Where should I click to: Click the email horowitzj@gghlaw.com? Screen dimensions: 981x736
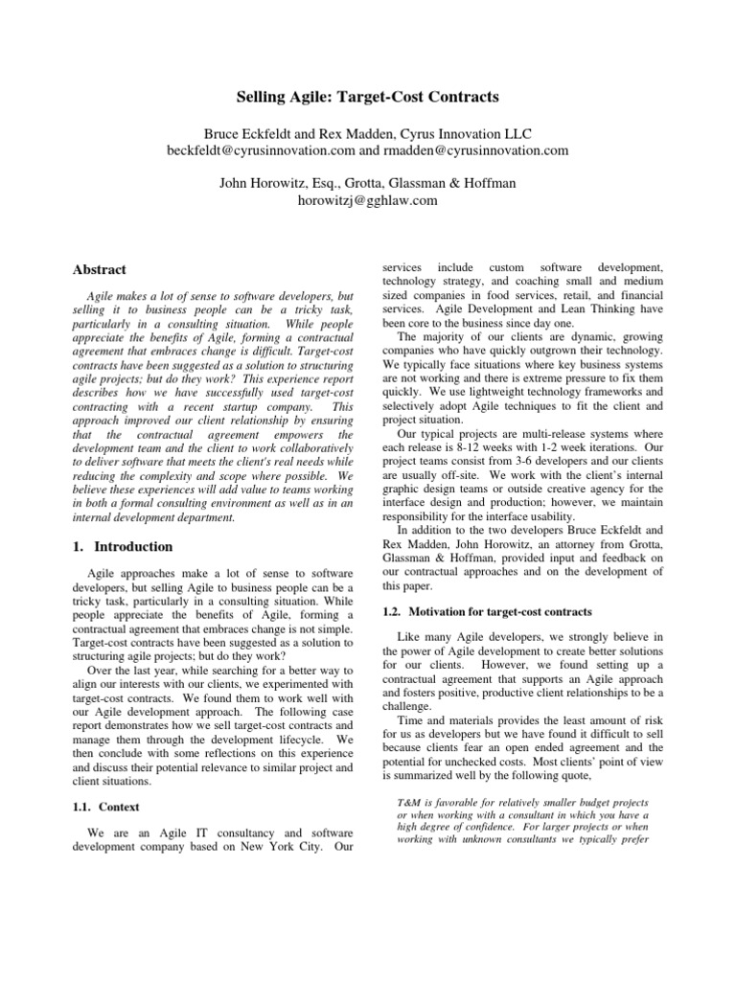pyautogui.click(x=367, y=200)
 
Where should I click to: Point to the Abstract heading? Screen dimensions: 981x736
pyautogui.click(x=100, y=270)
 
